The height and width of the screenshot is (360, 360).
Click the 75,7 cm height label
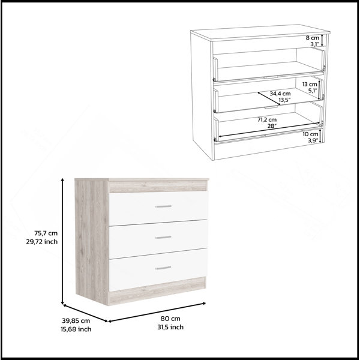pos(46,233)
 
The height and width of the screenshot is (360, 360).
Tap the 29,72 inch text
pos(42,242)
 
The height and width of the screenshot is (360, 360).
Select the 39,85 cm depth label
pos(76,320)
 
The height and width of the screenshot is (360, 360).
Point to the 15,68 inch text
pos(76,329)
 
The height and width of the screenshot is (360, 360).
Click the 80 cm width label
pos(170,319)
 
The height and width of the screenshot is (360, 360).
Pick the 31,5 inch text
pos(170,327)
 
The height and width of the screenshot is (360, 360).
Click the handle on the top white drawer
pos(163,206)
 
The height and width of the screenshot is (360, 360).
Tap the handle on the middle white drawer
pos(163,237)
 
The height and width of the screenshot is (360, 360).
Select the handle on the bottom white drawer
pos(163,268)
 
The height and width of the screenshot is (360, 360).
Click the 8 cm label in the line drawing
pos(313,38)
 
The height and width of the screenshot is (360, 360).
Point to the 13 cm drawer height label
pos(310,84)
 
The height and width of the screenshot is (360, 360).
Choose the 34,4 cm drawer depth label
pos(280,94)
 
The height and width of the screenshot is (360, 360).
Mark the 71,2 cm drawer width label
pos(267,119)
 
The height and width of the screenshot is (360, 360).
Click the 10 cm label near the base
pos(311,134)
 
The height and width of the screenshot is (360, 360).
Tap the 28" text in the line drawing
pos(272,126)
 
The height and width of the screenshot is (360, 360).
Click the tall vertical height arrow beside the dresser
pos(62,241)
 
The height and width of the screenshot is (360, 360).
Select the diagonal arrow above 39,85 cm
pos(85,313)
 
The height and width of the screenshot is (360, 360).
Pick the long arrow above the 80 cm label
pos(157,312)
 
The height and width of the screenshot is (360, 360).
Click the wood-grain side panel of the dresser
pos(92,241)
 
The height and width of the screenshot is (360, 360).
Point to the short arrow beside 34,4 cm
pos(269,98)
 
